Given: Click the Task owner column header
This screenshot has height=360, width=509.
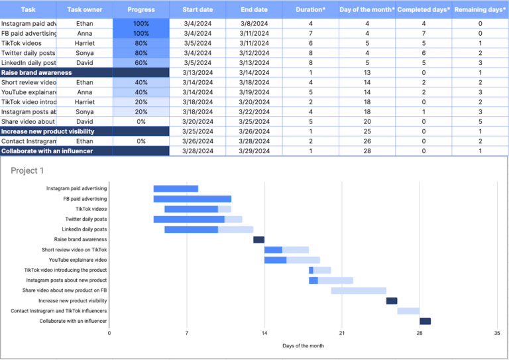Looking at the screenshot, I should coord(84,9).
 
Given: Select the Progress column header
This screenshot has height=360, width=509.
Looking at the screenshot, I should coord(141,9).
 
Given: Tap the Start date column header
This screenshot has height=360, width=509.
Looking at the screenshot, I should coord(198,9).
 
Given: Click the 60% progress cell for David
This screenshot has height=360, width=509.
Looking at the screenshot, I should coord(141,62).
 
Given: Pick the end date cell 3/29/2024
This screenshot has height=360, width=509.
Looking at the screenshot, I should coord(254,151).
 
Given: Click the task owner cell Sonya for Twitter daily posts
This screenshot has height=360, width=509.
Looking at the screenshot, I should coord(84,52).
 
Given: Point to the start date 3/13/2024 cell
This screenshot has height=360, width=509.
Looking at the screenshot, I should coord(198,72).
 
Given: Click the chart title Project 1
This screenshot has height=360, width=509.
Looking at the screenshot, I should coord(28,170).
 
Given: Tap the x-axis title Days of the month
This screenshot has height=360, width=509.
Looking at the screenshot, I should coord(303,345).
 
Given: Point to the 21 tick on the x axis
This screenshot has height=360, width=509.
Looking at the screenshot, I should coord(341,333).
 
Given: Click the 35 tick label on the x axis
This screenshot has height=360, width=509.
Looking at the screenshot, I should coord(496,333).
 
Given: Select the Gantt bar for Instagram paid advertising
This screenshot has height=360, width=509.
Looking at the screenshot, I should coord(176,189).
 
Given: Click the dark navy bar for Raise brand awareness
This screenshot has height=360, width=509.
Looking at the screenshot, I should coord(258,239).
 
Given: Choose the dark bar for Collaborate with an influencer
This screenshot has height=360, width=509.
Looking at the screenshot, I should coord(425,322).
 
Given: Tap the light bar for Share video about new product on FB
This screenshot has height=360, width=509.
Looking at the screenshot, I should coord(358,290).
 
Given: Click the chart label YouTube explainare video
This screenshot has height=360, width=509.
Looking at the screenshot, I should coord(78,260).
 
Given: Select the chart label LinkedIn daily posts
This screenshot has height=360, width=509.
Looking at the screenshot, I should coord(84,229).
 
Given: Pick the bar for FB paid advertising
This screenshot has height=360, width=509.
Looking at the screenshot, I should coord(192,199).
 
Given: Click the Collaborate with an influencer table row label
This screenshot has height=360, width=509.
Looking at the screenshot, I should coord(46,151).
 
